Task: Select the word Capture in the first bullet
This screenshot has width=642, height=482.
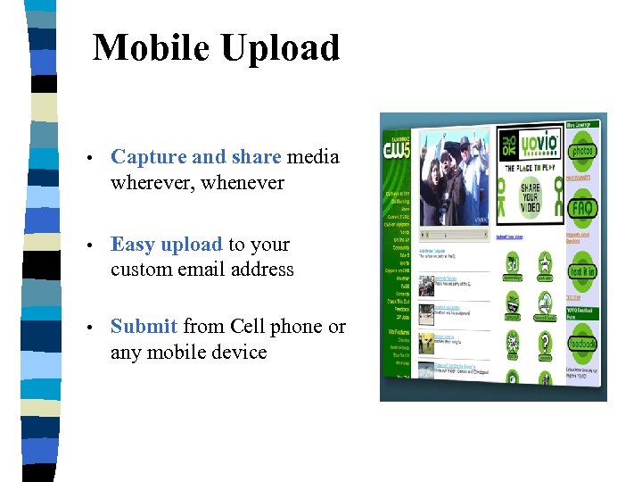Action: pyautogui.click(x=148, y=157)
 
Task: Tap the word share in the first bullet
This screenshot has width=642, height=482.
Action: pyautogui.click(x=256, y=157)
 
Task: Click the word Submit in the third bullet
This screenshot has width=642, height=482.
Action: pyautogui.click(x=144, y=327)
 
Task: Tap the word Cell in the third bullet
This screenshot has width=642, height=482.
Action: pyautogui.click(x=249, y=327)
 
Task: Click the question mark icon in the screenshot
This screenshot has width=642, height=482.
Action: pyautogui.click(x=544, y=341)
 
